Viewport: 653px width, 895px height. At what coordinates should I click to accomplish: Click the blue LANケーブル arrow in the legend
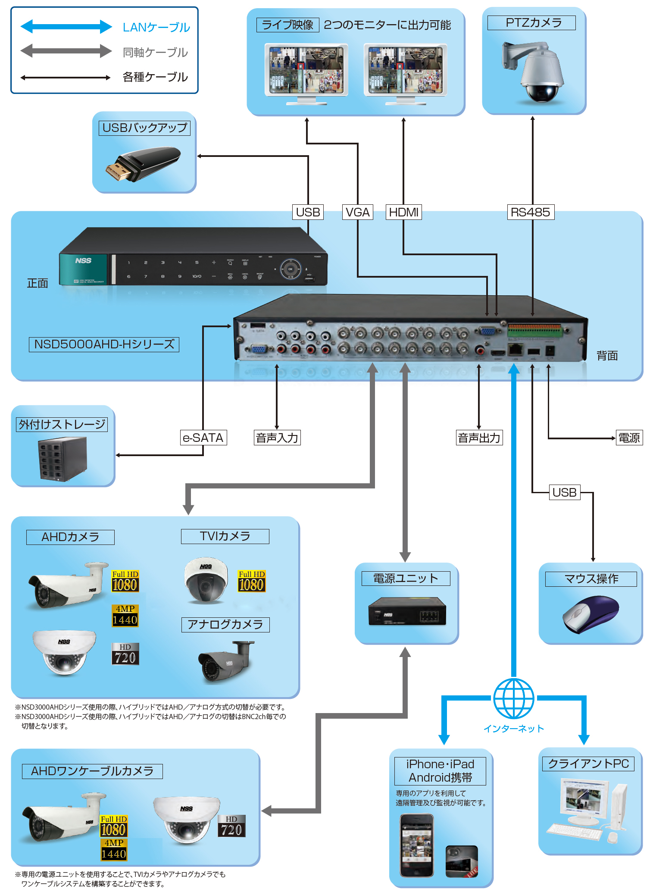point(66,26)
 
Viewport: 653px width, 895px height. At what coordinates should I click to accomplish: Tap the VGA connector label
point(357,212)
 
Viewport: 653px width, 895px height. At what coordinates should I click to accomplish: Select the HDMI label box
point(403,212)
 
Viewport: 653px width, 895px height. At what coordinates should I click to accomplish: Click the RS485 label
point(530,212)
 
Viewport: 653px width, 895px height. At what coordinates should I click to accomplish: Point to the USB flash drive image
point(143,164)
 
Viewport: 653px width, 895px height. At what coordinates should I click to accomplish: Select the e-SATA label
point(203,438)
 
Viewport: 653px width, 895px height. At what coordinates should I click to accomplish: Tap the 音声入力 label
point(277,438)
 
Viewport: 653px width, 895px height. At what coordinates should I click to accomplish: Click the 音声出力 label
point(479,438)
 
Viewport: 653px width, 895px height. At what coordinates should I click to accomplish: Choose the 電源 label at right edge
point(629,438)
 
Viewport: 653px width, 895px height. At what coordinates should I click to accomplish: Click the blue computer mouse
point(591,614)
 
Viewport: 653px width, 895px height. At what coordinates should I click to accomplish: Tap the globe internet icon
point(513,698)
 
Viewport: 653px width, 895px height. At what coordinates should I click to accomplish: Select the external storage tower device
point(63,459)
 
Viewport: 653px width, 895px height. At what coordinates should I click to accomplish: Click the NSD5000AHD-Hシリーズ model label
point(104,344)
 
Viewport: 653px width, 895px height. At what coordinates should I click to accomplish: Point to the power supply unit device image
point(406,612)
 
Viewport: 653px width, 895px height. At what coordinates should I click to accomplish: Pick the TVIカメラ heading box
point(225,536)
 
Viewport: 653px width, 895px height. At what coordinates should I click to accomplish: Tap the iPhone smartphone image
point(416,845)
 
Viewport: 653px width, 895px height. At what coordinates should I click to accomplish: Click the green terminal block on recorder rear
point(534,331)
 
